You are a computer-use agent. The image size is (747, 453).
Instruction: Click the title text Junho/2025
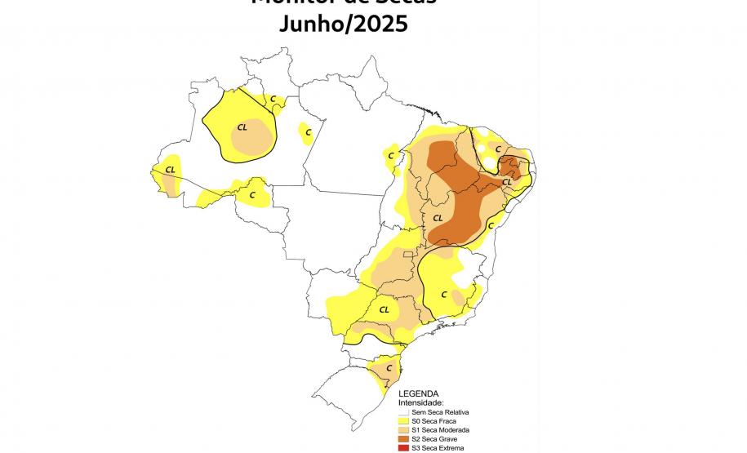tap(343, 24)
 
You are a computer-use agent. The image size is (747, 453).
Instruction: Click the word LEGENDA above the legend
tap(419, 393)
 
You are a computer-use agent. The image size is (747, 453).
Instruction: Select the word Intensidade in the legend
tap(421, 402)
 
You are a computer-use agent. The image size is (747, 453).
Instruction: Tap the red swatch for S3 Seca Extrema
tap(403, 448)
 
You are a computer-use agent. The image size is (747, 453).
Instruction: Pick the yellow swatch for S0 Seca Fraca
tap(403, 420)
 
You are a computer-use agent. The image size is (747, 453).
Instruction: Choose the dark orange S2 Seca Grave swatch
tap(403, 439)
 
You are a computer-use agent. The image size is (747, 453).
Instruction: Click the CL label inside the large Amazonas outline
tap(242, 127)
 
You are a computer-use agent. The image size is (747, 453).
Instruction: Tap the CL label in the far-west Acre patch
tap(170, 170)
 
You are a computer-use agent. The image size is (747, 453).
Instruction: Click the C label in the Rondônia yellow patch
tap(252, 195)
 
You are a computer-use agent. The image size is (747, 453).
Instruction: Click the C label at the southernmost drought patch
tap(378, 368)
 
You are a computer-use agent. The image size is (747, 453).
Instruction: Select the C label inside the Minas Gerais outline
tap(444, 294)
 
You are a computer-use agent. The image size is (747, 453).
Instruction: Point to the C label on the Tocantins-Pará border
tap(391, 155)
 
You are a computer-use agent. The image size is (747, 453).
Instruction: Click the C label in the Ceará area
tap(497, 149)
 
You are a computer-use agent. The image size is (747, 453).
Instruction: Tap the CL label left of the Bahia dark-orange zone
tap(438, 218)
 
